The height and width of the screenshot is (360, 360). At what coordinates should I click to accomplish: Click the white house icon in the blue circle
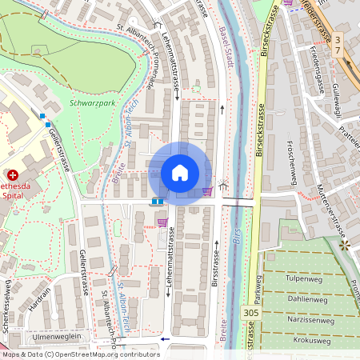[180, 173]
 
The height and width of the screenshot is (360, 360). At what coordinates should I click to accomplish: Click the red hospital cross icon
[12, 174]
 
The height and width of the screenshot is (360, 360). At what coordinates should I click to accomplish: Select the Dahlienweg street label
[308, 300]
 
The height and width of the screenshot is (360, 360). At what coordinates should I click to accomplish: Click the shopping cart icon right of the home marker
[208, 190]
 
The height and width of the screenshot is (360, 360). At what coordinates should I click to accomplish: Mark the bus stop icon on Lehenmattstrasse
[158, 202]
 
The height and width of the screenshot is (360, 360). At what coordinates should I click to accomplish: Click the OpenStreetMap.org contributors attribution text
[104, 354]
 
